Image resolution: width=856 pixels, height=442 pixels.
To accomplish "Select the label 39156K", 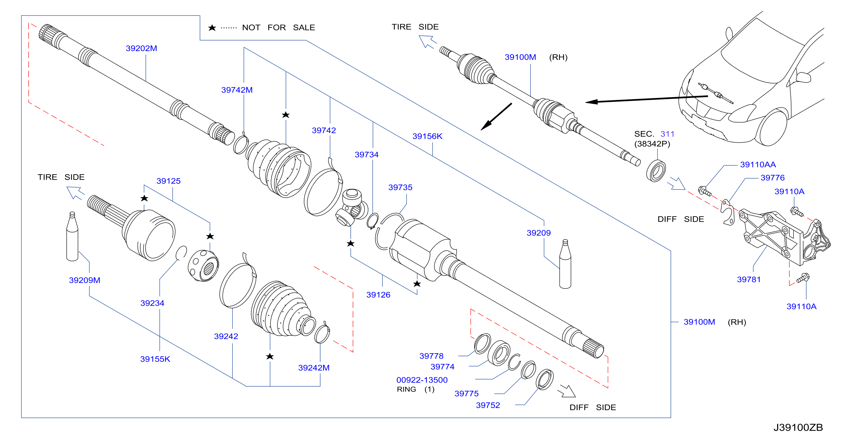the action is click(x=427, y=136).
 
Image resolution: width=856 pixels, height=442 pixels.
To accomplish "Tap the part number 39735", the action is click(x=400, y=187).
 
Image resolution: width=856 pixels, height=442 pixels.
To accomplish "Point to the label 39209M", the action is click(x=85, y=280).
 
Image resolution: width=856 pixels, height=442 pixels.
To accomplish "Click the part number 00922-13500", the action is click(x=422, y=380).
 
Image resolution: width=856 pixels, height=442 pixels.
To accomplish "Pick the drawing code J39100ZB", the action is click(x=798, y=427).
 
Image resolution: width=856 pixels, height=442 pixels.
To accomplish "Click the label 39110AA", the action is click(x=758, y=164).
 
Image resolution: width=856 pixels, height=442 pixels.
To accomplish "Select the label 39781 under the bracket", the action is click(x=749, y=279).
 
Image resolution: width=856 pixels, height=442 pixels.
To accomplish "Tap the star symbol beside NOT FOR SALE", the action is click(x=212, y=28).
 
